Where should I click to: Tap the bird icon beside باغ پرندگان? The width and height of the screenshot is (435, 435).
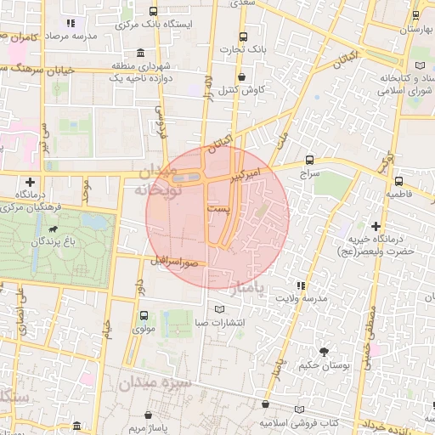point(53,229)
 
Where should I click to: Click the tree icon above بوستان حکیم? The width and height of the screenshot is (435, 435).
point(323,352)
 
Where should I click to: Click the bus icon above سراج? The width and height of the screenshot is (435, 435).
point(309,159)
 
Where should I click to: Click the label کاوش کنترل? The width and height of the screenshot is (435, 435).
point(243,89)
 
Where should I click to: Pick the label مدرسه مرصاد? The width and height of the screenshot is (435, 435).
point(93,37)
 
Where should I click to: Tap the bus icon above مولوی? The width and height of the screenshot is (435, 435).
point(143,315)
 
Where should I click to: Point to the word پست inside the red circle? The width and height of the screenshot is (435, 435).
point(217,208)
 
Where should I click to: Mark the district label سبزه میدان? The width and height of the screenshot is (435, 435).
point(161,383)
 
